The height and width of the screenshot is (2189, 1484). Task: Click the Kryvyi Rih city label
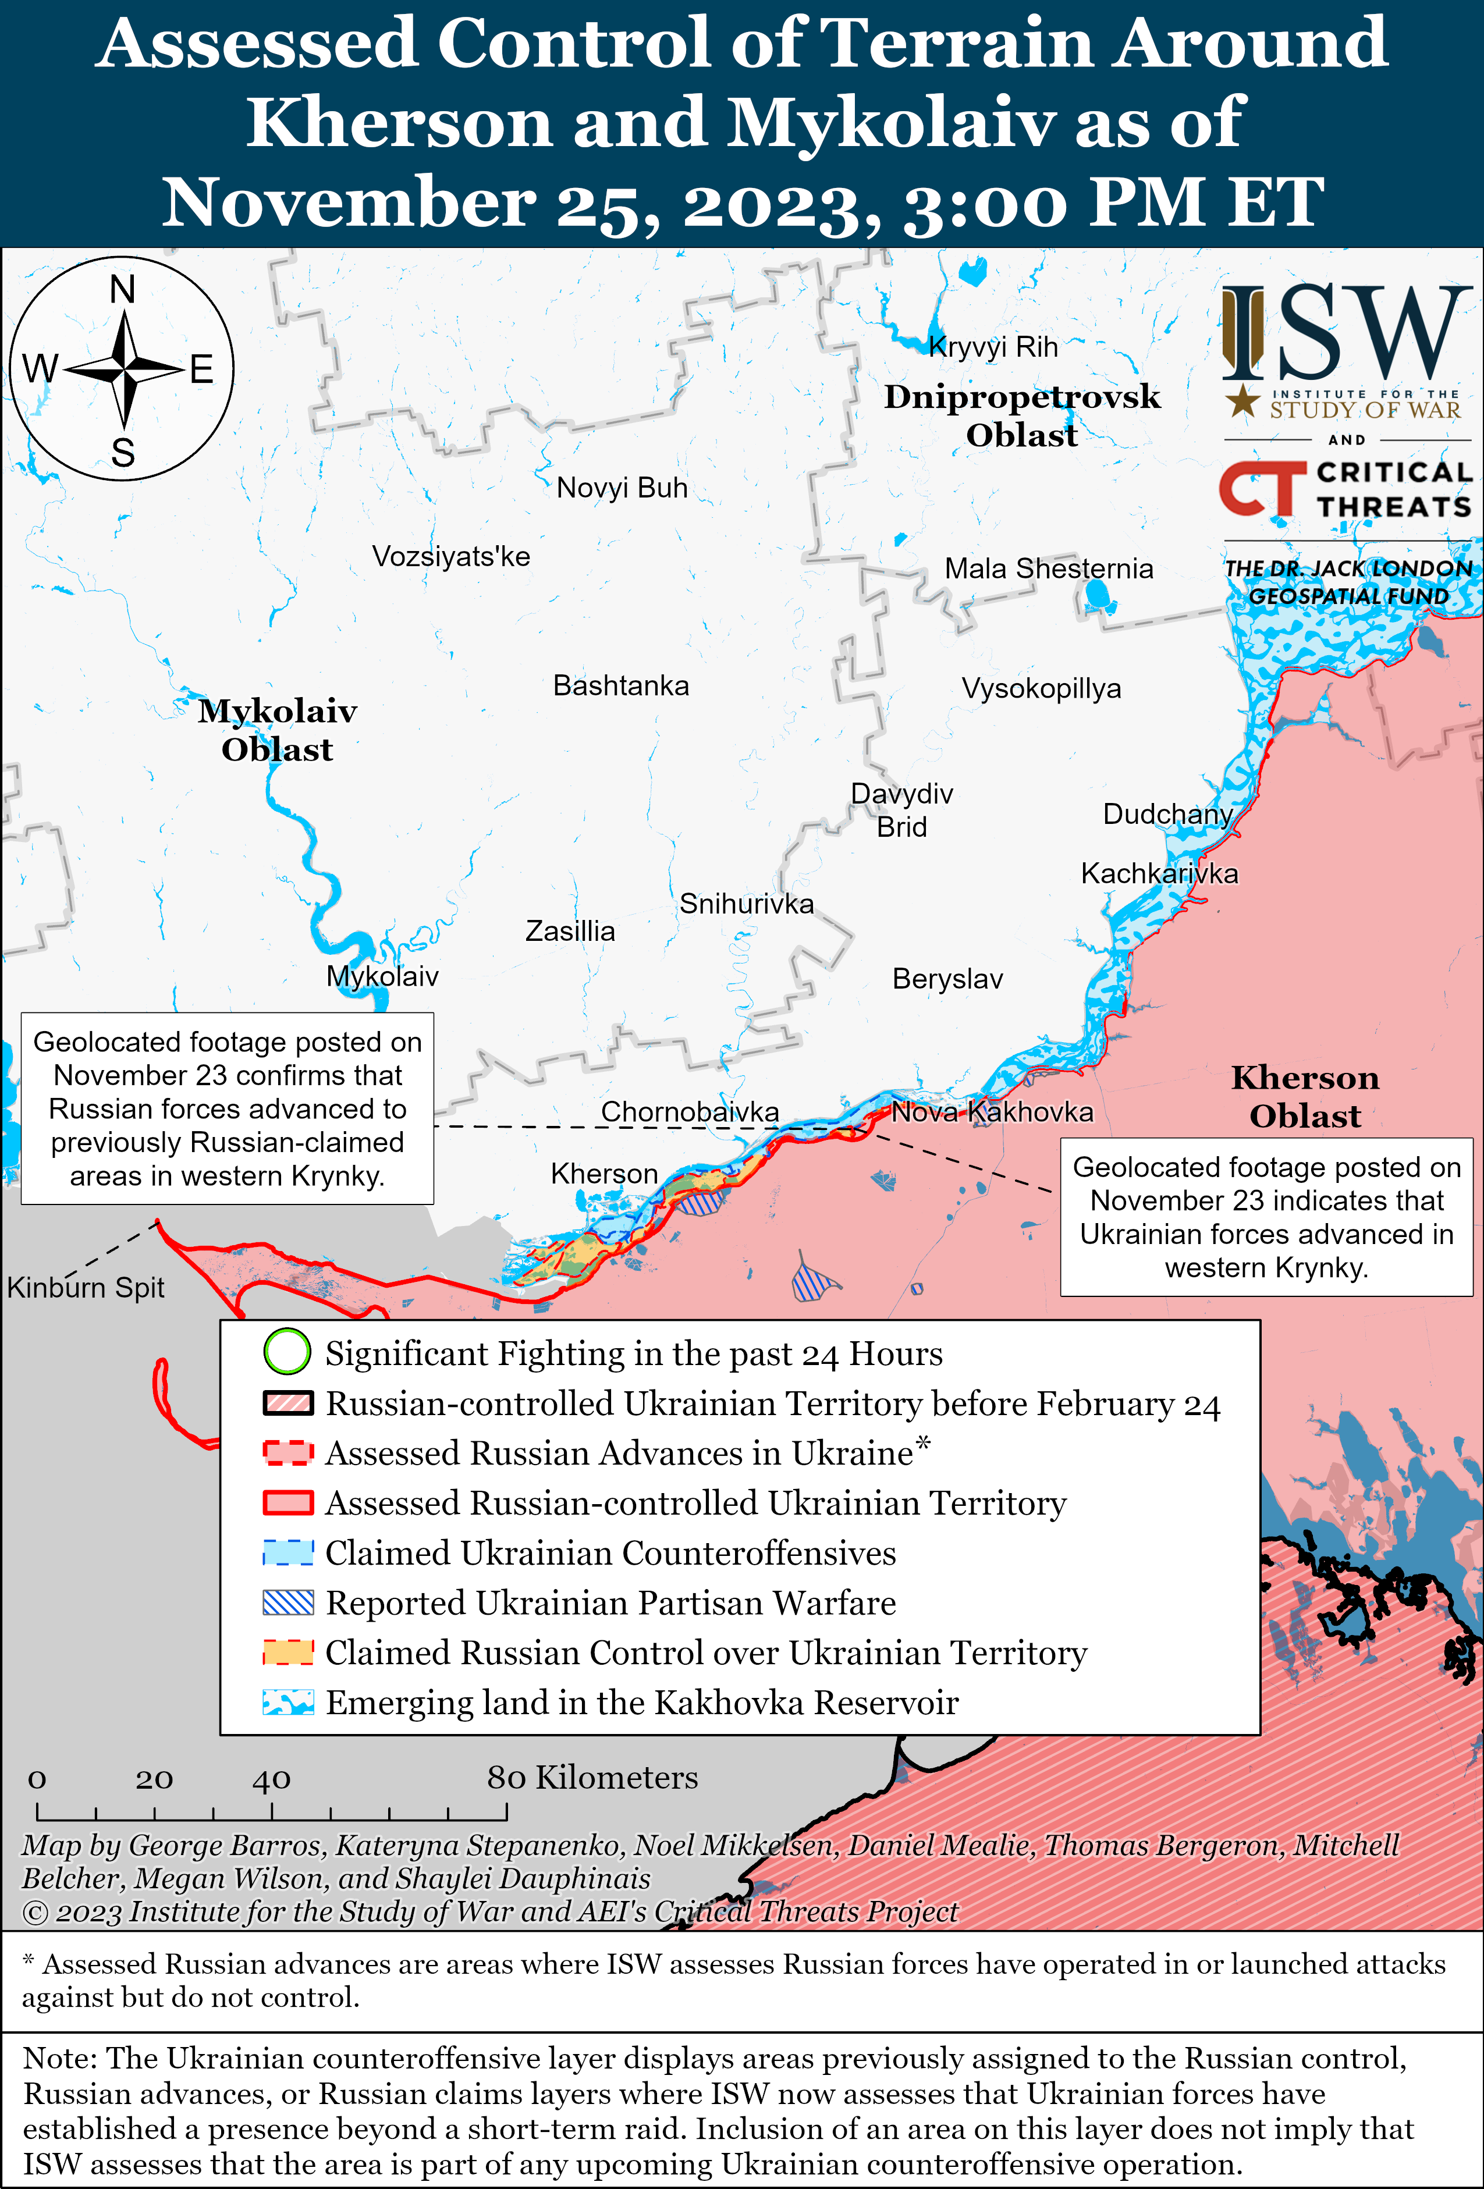pyautogui.click(x=993, y=347)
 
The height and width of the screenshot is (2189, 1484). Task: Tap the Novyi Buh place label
pyautogui.click(x=622, y=488)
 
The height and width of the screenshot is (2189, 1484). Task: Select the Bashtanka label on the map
pyautogui.click(x=621, y=685)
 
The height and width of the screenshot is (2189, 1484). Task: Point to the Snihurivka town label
pyautogui.click(x=746, y=904)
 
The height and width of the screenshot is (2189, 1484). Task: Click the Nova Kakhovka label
pyautogui.click(x=992, y=1113)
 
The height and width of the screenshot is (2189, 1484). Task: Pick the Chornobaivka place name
pyautogui.click(x=690, y=1113)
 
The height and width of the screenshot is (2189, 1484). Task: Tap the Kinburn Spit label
pyautogui.click(x=86, y=1288)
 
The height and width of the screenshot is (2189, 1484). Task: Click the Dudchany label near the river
pyautogui.click(x=1167, y=814)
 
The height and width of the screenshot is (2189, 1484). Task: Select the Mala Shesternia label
pyautogui.click(x=1049, y=569)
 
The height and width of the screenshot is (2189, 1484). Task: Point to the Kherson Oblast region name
pyautogui.click(x=1305, y=1097)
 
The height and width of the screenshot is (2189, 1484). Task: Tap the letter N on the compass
pyautogui.click(x=122, y=290)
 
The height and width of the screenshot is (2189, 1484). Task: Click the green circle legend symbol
pyautogui.click(x=287, y=1352)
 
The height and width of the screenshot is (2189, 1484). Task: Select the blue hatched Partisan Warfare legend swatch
pyautogui.click(x=287, y=1602)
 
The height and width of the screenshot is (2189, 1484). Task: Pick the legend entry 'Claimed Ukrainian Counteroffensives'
pyautogui.click(x=610, y=1553)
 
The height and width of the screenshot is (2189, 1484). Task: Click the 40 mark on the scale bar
pyautogui.click(x=271, y=1779)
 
